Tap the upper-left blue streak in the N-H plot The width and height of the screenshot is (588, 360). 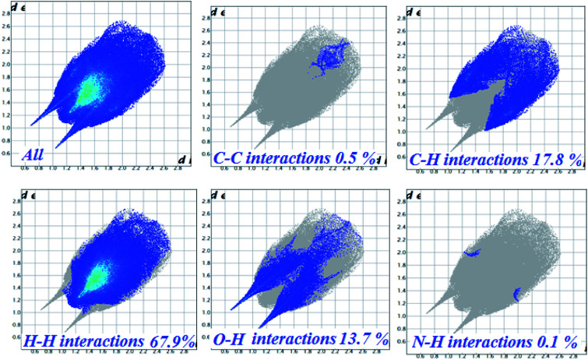[472, 252]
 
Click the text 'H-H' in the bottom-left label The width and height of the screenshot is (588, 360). [44, 340]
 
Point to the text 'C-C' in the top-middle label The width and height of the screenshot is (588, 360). [231, 158]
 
